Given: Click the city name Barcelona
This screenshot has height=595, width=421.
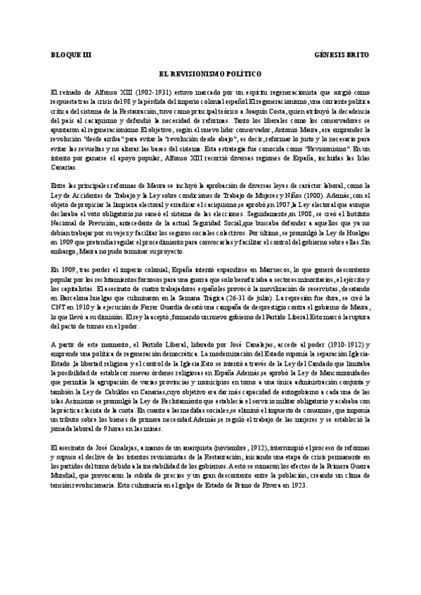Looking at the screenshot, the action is [x=69, y=297].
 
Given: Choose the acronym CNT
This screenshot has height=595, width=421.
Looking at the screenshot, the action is [x=60, y=307].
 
